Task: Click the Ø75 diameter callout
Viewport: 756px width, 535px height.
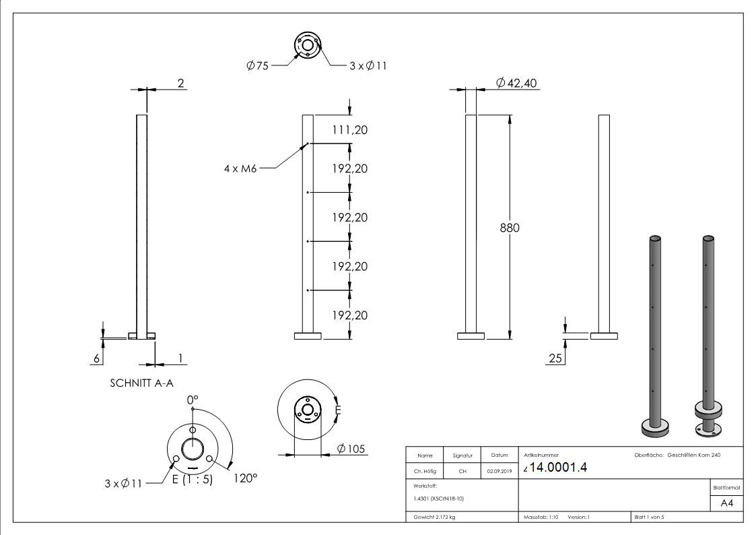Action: click(257, 65)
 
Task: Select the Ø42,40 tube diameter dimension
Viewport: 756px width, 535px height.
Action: click(516, 83)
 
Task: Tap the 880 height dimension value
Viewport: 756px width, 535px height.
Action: click(510, 228)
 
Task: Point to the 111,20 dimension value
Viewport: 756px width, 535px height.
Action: click(349, 130)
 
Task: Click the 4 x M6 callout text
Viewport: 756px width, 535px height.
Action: click(240, 168)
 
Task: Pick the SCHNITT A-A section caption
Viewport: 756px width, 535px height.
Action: click(142, 383)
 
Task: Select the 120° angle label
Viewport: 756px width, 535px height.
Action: click(246, 478)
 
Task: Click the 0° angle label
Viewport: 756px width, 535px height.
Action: click(193, 400)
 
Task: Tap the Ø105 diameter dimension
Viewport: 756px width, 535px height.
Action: click(351, 449)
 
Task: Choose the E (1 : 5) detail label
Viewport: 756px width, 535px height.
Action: click(193, 479)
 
